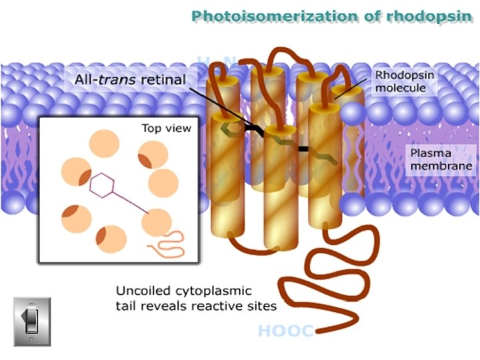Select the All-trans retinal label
(x=130, y=79)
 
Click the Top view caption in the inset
(x=166, y=128)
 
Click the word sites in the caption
(x=263, y=305)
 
